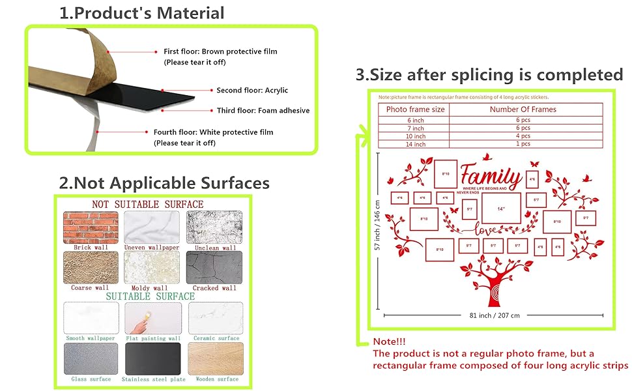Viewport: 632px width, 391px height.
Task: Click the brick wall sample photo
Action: click(91, 227)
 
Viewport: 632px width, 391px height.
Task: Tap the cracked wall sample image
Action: click(214, 267)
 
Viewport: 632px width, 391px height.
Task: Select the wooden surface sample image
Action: click(215, 359)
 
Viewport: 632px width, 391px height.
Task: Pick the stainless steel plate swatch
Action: click(152, 359)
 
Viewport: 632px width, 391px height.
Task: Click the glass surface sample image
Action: click(91, 359)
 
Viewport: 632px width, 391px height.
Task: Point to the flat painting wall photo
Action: click(152, 318)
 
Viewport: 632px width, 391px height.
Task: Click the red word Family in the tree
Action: click(491, 177)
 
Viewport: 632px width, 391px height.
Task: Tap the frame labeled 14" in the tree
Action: click(501, 209)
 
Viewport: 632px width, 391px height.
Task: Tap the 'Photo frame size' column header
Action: click(415, 109)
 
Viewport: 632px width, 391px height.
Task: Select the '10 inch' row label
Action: click(415, 136)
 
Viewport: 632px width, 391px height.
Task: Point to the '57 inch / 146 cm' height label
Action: click(377, 220)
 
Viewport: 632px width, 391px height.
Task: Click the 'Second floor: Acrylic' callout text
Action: click(251, 91)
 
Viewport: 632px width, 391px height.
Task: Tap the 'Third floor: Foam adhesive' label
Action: click(263, 111)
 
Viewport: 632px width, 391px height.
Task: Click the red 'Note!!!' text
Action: click(389, 341)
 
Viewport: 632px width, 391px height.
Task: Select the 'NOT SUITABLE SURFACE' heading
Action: click(147, 204)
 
